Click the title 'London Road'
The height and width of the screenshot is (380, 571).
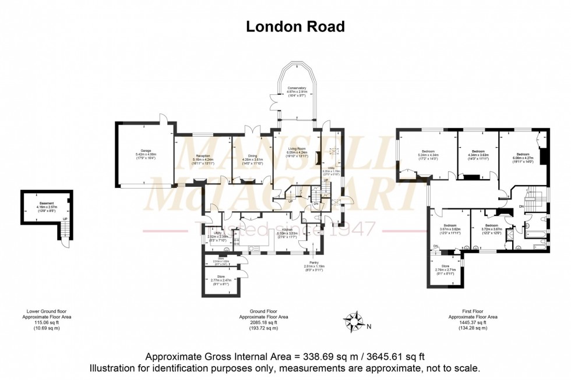[x=295, y=26]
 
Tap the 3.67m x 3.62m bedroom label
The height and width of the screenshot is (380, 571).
[x=449, y=229]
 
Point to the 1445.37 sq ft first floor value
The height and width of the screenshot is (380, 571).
[x=473, y=322]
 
